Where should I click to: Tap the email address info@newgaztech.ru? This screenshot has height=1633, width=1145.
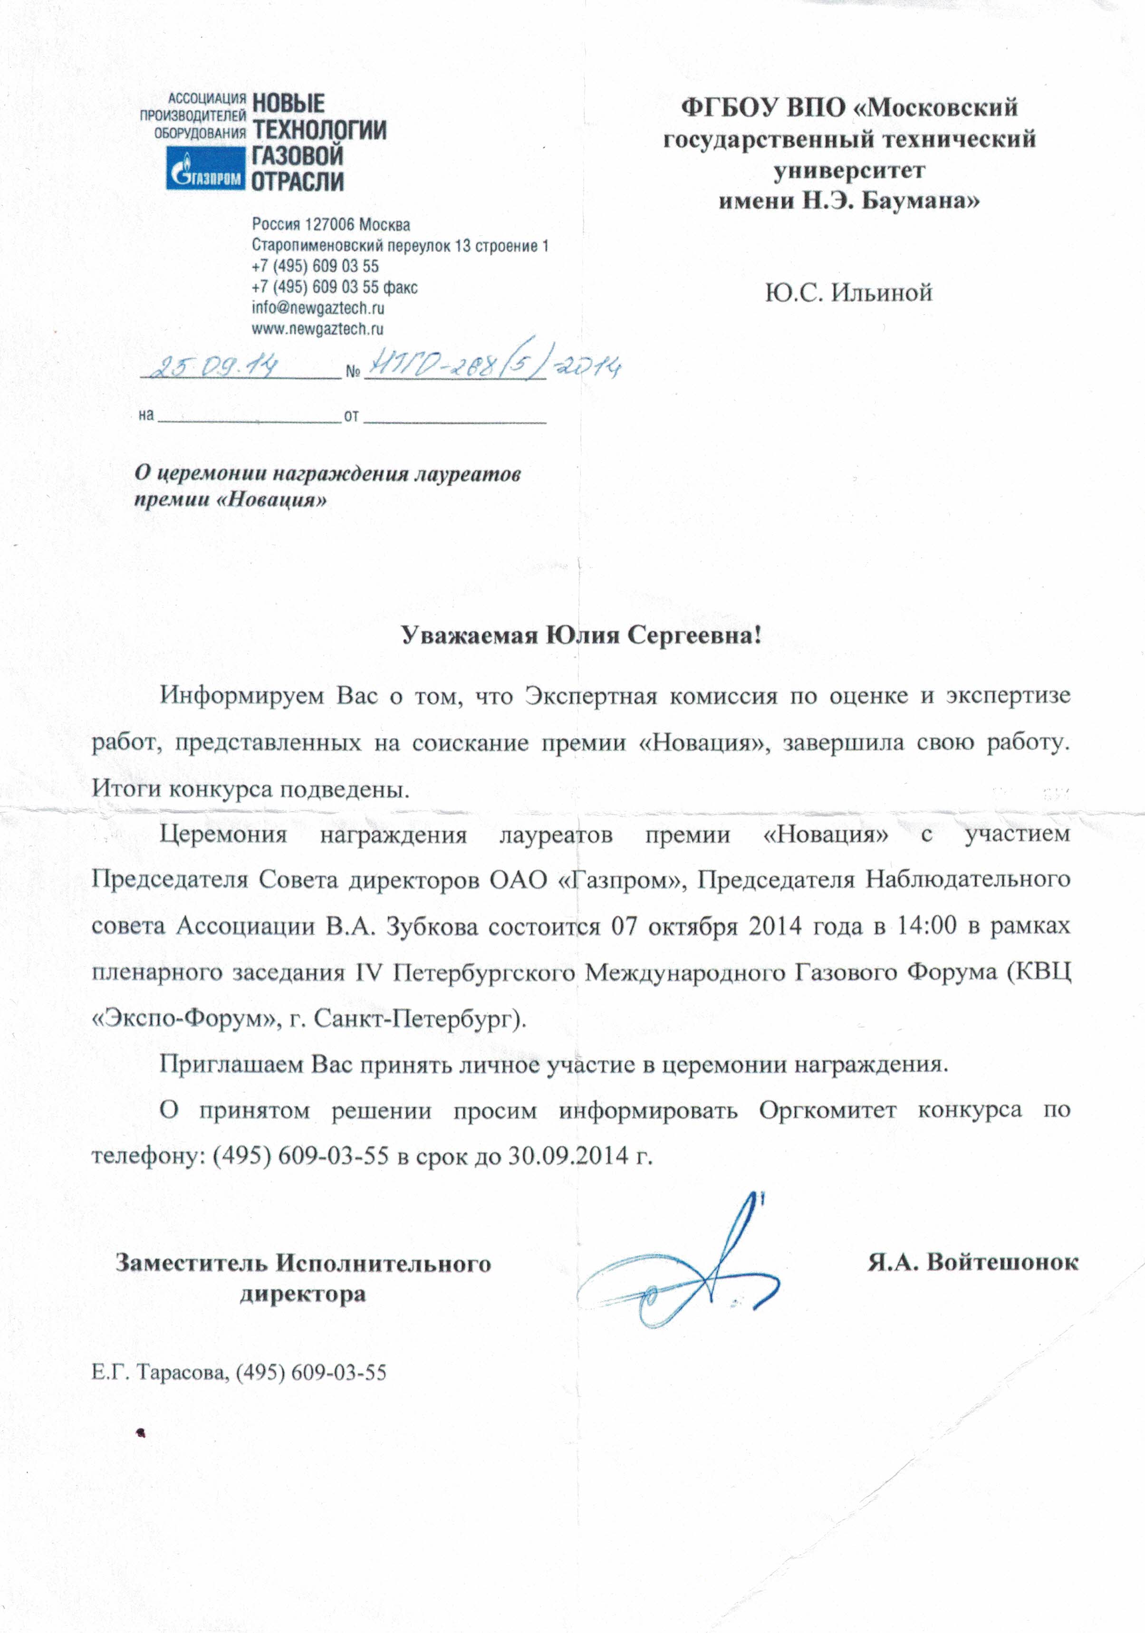click(x=318, y=308)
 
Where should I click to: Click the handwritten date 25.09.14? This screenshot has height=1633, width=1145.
click(x=218, y=368)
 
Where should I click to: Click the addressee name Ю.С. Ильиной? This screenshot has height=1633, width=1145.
click(x=848, y=292)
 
